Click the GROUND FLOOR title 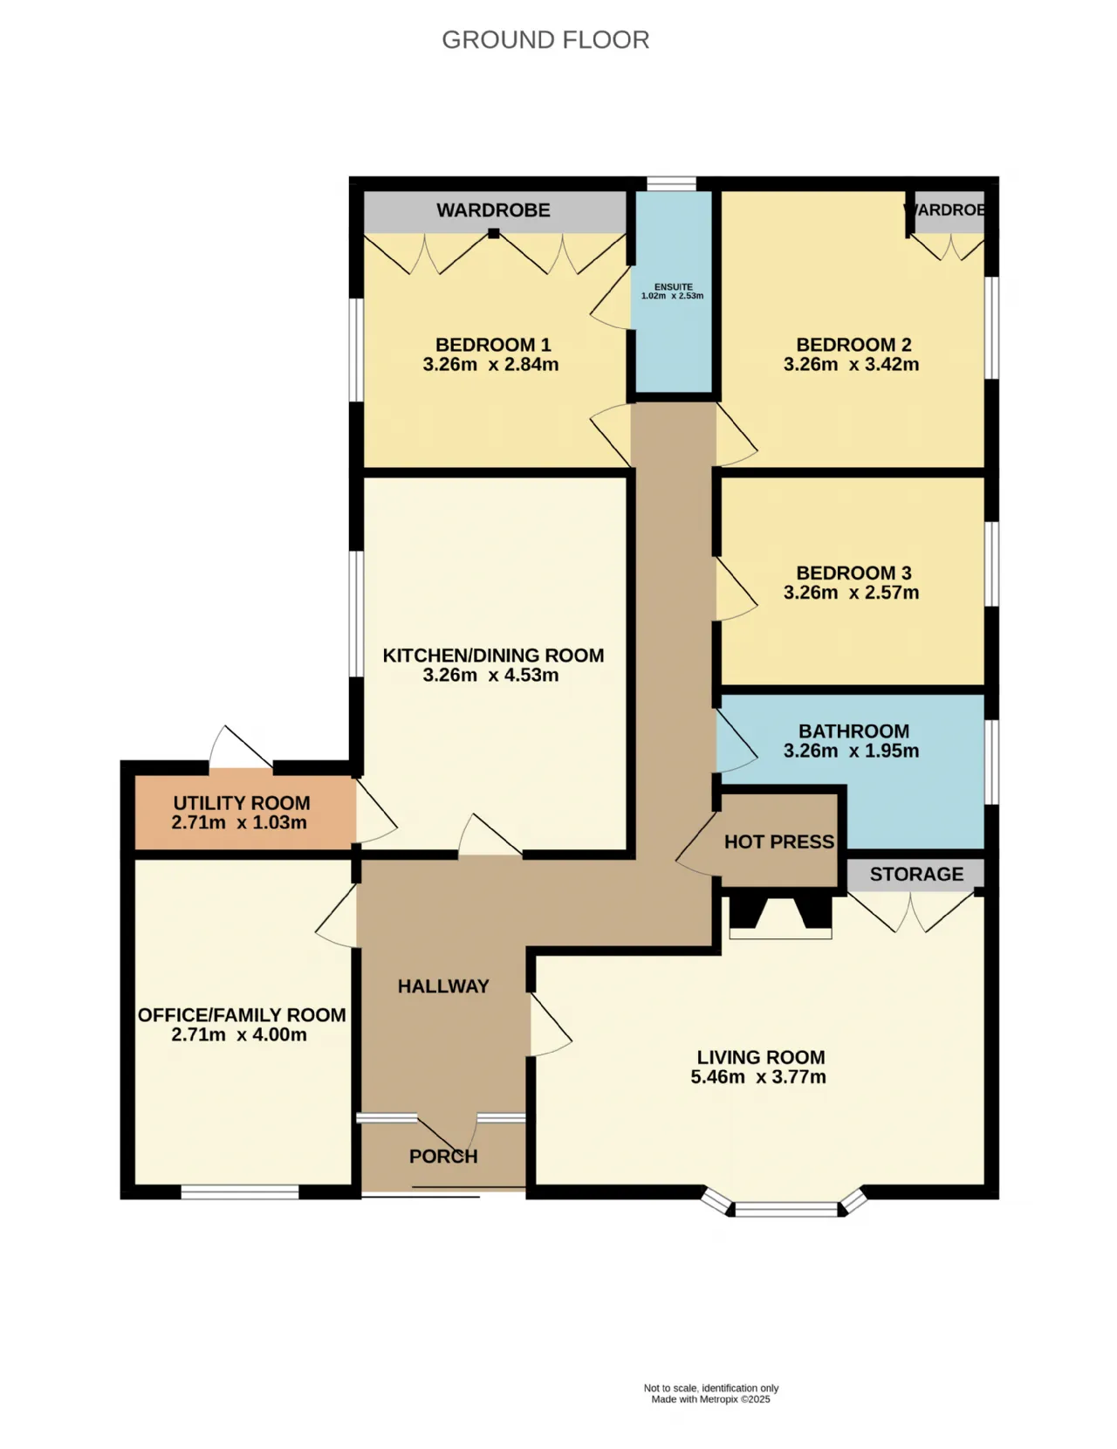tap(545, 40)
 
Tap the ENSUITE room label tap(673, 286)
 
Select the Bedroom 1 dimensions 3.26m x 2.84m tap(490, 365)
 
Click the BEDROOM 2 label tap(853, 345)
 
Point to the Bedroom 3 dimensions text tap(851, 592)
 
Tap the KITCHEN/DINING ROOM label tap(493, 656)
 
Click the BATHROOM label tap(853, 731)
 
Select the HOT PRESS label tap(779, 841)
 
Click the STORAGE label tap(916, 874)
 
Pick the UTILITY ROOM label tap(241, 803)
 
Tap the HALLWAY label tap(443, 986)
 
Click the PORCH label tap(443, 1157)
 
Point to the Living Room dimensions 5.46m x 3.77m tap(758, 1077)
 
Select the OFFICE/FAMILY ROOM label tap(242, 1015)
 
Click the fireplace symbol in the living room tap(780, 917)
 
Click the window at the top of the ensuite tap(671, 183)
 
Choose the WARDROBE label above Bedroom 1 tap(493, 210)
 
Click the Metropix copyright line tap(710, 1399)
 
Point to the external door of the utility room tap(241, 747)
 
